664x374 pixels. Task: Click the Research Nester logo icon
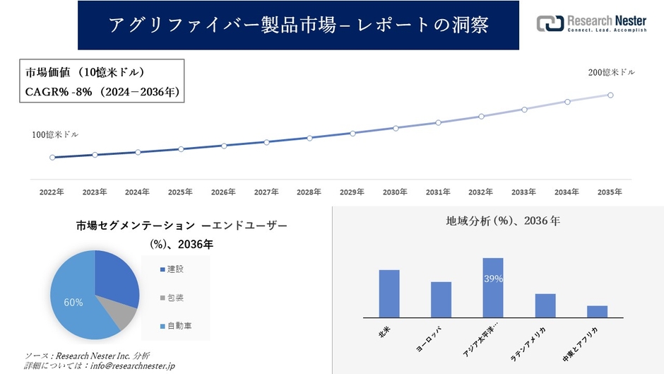coord(550,23)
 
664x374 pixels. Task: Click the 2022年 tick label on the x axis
coord(52,192)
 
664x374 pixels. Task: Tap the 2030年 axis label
coord(395,192)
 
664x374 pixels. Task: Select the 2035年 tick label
coord(610,192)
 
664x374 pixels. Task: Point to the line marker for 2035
coord(610,95)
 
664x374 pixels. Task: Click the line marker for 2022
coord(52,157)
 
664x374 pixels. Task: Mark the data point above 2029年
coord(352,133)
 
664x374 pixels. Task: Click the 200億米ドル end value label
coord(612,73)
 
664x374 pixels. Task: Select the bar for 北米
coord(389,293)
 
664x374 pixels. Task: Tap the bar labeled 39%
coord(493,288)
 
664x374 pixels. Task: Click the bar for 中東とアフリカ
coord(597,311)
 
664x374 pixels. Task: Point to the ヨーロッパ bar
coord(441,300)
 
